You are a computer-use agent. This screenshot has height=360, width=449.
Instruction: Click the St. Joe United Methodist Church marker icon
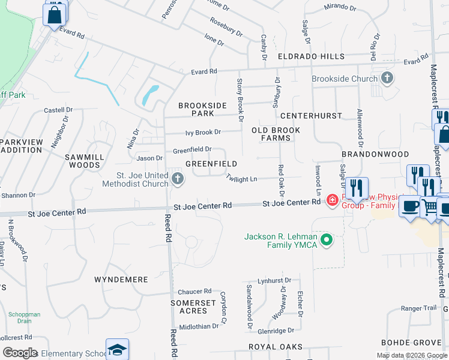[x=178, y=178]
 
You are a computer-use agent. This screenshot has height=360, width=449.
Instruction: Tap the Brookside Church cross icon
[x=387, y=77]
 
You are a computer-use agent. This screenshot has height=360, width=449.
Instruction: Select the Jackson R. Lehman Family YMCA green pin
[x=327, y=241]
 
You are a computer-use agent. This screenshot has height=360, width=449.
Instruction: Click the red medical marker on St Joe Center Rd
[x=332, y=200]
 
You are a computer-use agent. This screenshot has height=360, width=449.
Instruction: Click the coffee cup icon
[x=410, y=206]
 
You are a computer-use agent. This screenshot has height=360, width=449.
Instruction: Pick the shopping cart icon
[x=430, y=207]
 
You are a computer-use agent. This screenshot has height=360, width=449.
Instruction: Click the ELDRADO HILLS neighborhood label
[x=311, y=56]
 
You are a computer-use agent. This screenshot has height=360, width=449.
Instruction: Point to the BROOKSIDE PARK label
[x=203, y=109]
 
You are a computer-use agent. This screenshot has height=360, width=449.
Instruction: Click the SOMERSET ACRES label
[x=193, y=307]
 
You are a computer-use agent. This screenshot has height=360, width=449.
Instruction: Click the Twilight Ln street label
[x=241, y=178]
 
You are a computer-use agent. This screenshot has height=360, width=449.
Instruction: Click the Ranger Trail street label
[x=418, y=308]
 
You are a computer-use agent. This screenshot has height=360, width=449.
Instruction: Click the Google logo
[x=20, y=353]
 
